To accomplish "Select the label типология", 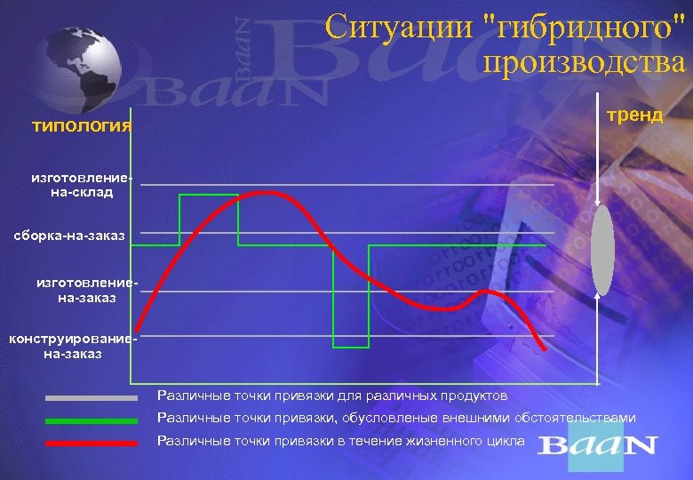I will click(81, 125).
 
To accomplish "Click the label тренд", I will click(634, 116).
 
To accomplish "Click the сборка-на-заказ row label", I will click(69, 235).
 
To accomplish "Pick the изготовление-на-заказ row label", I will click(87, 290).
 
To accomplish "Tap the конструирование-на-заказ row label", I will click(72, 347).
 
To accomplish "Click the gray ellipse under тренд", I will click(603, 252).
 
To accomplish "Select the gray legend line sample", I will click(92, 397).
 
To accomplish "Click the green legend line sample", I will click(92, 420).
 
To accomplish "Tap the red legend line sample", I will click(92, 442).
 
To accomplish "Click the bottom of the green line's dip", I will click(351, 346).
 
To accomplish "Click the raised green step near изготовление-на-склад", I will click(209, 194).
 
